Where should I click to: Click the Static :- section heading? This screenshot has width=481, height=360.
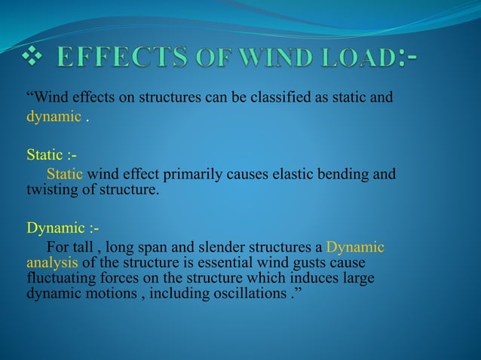[x=51, y=156]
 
